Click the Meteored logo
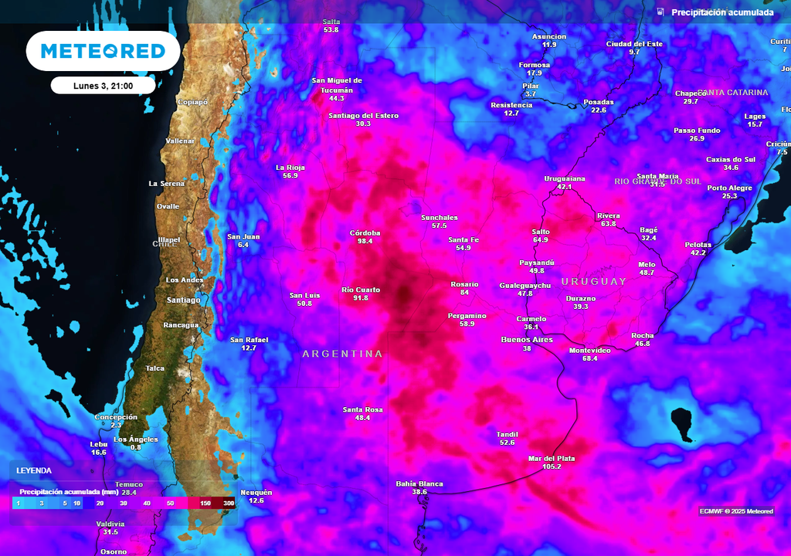coord(103,51)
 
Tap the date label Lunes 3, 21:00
coord(103,86)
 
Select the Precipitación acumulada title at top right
coord(722,12)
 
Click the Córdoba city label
coord(365,232)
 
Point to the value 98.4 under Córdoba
coord(365,241)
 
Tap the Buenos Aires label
coord(527,339)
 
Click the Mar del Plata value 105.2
coord(552,466)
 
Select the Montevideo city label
coord(589,350)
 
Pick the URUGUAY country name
coord(594,282)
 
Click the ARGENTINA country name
coord(342,354)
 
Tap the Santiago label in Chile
coord(183,300)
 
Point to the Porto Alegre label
coord(729,188)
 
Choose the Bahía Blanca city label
coord(419,483)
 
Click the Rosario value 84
coord(464,293)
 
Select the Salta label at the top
coord(331,21)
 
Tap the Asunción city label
coord(549,36)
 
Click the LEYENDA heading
coord(34,470)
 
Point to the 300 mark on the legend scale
coord(229,503)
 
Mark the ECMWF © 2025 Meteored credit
coord(736,511)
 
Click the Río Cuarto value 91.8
coord(361,298)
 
